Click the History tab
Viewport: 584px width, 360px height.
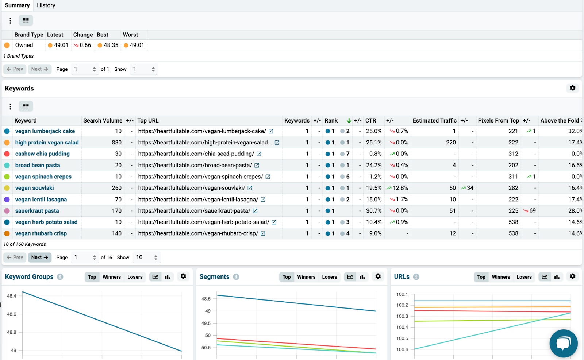point(46,5)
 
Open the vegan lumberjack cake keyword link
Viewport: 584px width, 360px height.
point(45,131)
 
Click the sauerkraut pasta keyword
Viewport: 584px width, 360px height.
point(37,211)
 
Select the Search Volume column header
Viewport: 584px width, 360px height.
point(103,121)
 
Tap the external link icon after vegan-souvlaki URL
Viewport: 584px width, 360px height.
point(250,188)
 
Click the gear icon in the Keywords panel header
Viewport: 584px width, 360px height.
point(573,88)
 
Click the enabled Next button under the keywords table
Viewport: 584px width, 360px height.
point(39,257)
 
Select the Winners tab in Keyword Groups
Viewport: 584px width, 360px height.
point(111,277)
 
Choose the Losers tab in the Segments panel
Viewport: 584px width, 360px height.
point(329,277)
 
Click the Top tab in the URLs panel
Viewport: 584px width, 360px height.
point(481,277)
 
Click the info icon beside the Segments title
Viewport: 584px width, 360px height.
point(236,277)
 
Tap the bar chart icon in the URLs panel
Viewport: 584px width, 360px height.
point(557,277)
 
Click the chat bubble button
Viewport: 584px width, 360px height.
point(563,343)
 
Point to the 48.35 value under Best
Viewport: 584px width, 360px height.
point(111,45)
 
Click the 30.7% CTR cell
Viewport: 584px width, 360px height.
point(373,211)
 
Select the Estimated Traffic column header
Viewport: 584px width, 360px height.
point(434,121)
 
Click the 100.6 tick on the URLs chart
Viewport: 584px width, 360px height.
point(402,349)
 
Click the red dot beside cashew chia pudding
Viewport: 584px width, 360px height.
point(7,154)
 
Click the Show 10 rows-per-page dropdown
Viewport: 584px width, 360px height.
point(146,257)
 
